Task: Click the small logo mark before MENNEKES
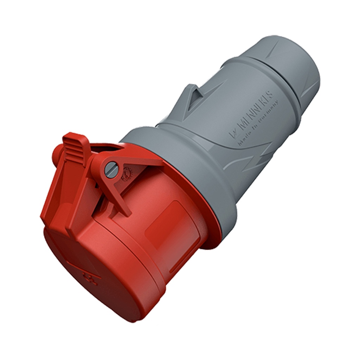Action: pos(232,134)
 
